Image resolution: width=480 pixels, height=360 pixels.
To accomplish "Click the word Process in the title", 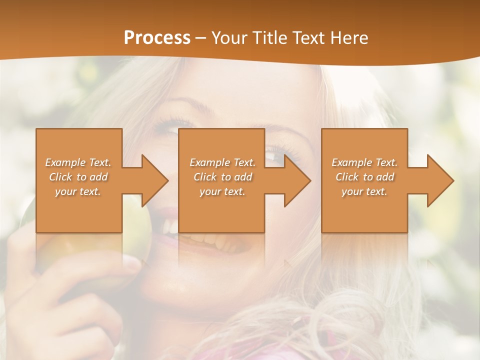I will click(157, 38).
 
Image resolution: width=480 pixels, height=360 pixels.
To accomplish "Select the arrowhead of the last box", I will click(440, 180).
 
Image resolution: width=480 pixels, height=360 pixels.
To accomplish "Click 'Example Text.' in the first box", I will click(78, 162).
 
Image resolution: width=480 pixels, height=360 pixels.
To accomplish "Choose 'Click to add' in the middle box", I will click(222, 177).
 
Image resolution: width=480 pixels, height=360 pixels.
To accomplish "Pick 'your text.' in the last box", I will click(364, 191).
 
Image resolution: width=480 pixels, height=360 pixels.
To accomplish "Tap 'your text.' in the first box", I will click(78, 191).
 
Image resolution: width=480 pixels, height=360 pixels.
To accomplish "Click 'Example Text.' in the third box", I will click(364, 162).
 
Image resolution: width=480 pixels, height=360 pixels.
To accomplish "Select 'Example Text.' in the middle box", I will click(222, 162).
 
